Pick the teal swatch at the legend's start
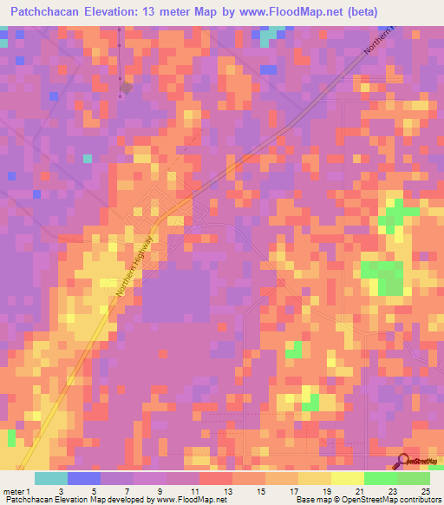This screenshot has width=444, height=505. click(51, 478)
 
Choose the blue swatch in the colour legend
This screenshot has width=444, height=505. click(84, 478)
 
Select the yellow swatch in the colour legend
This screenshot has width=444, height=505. click(348, 478)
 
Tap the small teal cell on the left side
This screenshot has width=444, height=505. click(87, 158)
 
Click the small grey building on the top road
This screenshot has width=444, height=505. click(127, 88)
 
